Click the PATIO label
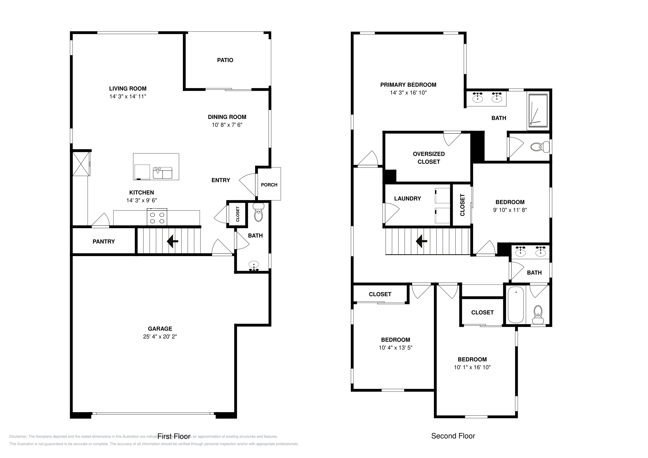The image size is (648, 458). pos(225,60)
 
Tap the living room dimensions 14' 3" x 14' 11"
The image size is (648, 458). pos(128,96)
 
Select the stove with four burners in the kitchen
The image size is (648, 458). pos(157,217)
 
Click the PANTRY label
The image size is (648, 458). pos(104,242)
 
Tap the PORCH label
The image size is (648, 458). pos(269,185)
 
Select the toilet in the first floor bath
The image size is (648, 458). pos(258,214)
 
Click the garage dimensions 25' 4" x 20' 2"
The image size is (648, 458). pos(160,337)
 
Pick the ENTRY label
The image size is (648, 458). pos(221,180)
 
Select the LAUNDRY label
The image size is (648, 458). pos(407,199)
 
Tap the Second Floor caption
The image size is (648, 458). pos(453,436)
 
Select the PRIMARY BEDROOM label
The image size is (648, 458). pos(408,85)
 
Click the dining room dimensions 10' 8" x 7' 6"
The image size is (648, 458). pos(227,125)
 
